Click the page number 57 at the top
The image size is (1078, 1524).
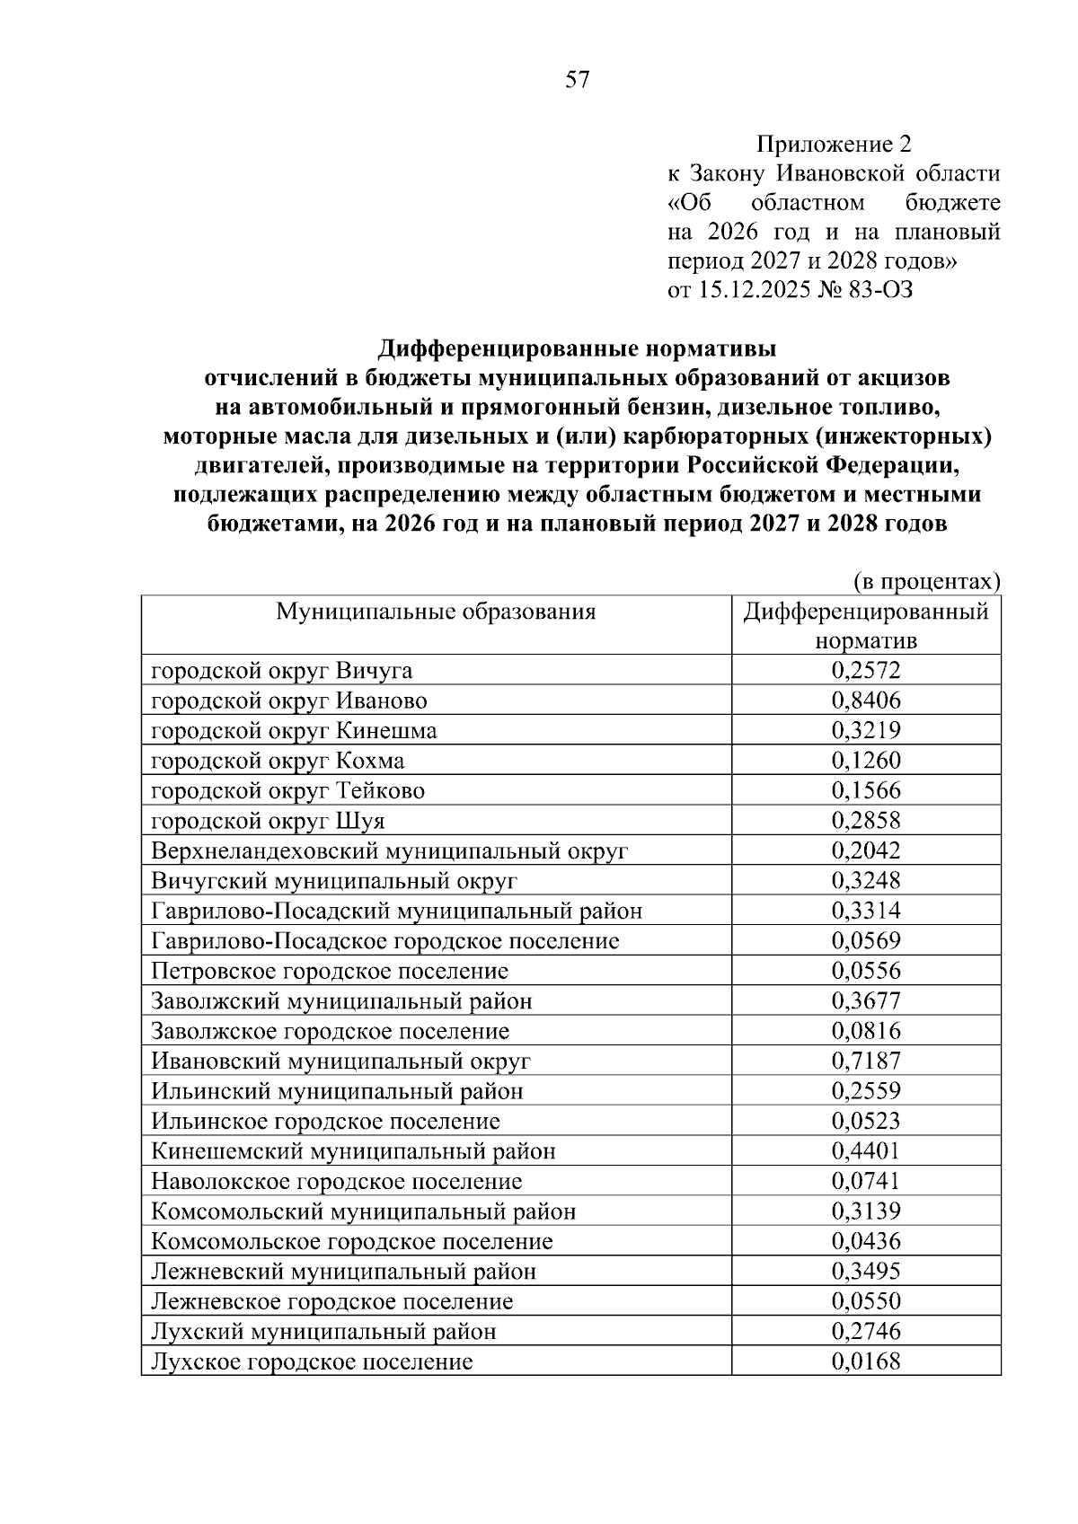578,81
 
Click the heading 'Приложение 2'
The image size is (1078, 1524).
834,145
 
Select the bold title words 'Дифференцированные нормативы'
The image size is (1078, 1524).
576,348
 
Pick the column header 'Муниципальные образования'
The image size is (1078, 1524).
436,612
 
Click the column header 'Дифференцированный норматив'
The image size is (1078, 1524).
866,626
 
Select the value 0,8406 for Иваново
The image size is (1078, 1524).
866,700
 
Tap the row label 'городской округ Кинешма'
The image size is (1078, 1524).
294,731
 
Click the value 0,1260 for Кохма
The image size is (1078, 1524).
866,761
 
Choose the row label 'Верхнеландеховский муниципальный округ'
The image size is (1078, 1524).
390,851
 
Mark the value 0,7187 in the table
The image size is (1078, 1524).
866,1062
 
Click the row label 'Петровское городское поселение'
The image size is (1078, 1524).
330,972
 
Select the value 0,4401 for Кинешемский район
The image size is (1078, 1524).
866,1151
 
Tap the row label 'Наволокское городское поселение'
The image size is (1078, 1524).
337,1182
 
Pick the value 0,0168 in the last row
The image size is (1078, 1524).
866,1361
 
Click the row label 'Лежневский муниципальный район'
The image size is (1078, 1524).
344,1272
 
